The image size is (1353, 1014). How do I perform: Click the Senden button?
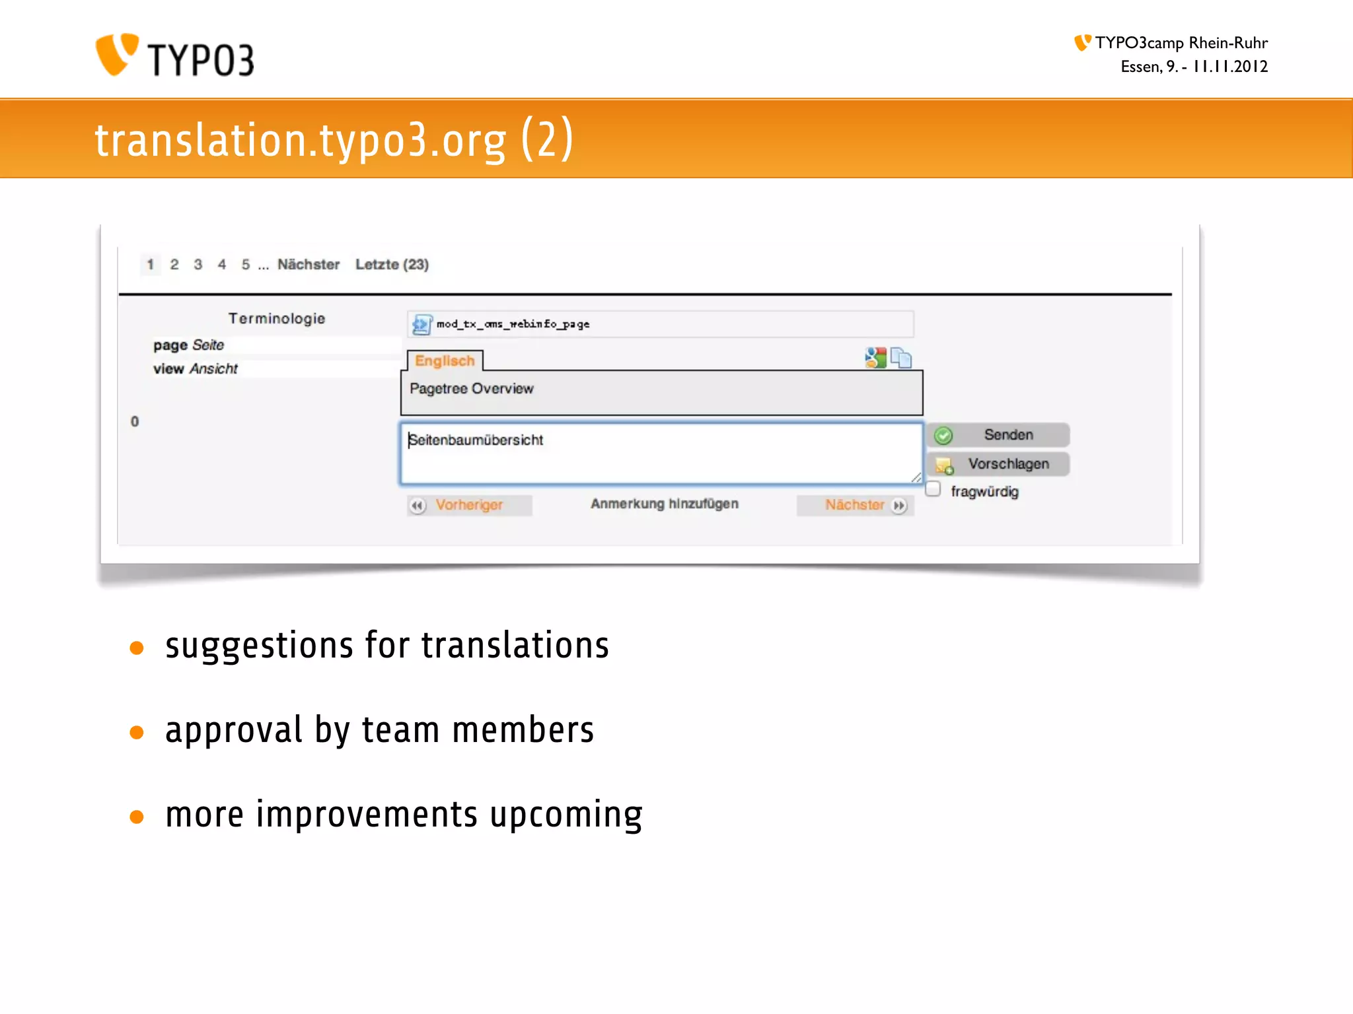(998, 435)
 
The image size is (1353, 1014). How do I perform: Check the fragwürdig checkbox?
(933, 489)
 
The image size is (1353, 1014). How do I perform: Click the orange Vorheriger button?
(469, 505)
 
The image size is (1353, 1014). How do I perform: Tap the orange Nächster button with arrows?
(856, 505)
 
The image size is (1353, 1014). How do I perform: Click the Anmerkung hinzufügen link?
(664, 504)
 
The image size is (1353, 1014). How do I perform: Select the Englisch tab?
(445, 361)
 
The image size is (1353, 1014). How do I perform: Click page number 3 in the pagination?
(198, 265)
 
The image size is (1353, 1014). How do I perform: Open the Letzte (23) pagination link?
(392, 265)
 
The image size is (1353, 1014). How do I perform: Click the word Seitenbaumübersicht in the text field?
(476, 440)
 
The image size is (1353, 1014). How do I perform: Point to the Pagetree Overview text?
(471, 389)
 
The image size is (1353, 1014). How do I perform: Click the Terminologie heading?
(277, 319)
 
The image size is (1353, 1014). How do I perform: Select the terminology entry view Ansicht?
(195, 369)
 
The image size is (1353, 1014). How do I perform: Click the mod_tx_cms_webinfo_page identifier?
(513, 324)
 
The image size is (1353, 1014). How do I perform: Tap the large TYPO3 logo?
(175, 56)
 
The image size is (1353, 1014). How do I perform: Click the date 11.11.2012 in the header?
(1230, 67)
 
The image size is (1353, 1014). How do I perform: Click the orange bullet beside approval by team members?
(137, 732)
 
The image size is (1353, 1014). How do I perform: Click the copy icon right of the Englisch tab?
(901, 358)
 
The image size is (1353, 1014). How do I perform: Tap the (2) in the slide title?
(547, 139)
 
